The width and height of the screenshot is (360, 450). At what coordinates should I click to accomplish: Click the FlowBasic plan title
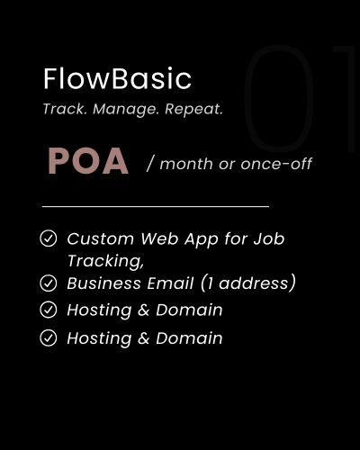point(117,78)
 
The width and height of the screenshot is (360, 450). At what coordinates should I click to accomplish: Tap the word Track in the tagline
point(65,109)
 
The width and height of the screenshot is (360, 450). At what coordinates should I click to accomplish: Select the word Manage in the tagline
point(126,110)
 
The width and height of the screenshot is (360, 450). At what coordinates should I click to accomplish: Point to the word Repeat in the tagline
point(193,110)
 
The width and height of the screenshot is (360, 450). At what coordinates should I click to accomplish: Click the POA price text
point(88,161)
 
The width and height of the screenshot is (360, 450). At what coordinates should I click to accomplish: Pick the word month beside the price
point(186,164)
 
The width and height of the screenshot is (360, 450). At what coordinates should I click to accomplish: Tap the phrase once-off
point(276,164)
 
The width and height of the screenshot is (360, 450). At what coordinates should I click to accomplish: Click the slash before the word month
point(150,164)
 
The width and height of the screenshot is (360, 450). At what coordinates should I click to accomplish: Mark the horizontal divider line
point(156,206)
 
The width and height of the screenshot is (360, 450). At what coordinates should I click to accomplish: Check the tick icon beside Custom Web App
point(48,238)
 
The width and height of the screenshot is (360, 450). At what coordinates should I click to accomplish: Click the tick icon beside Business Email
point(48,283)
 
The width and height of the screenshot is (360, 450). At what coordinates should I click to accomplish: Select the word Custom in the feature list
point(100,239)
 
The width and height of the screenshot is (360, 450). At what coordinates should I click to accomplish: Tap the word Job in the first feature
point(269,238)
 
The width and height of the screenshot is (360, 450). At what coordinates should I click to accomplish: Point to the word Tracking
point(105,261)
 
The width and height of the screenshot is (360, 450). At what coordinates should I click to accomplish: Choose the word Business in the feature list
point(103,283)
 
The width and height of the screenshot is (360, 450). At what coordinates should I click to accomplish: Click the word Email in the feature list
point(170,283)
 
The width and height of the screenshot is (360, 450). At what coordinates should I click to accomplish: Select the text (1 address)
point(247,283)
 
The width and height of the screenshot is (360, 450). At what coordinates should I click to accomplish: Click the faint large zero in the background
point(279,98)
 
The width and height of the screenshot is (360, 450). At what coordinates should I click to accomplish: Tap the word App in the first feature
point(201,240)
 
